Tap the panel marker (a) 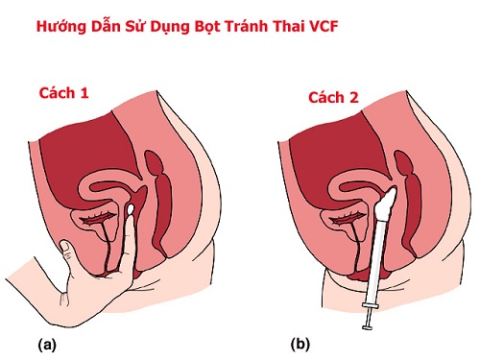tap(45, 342)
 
